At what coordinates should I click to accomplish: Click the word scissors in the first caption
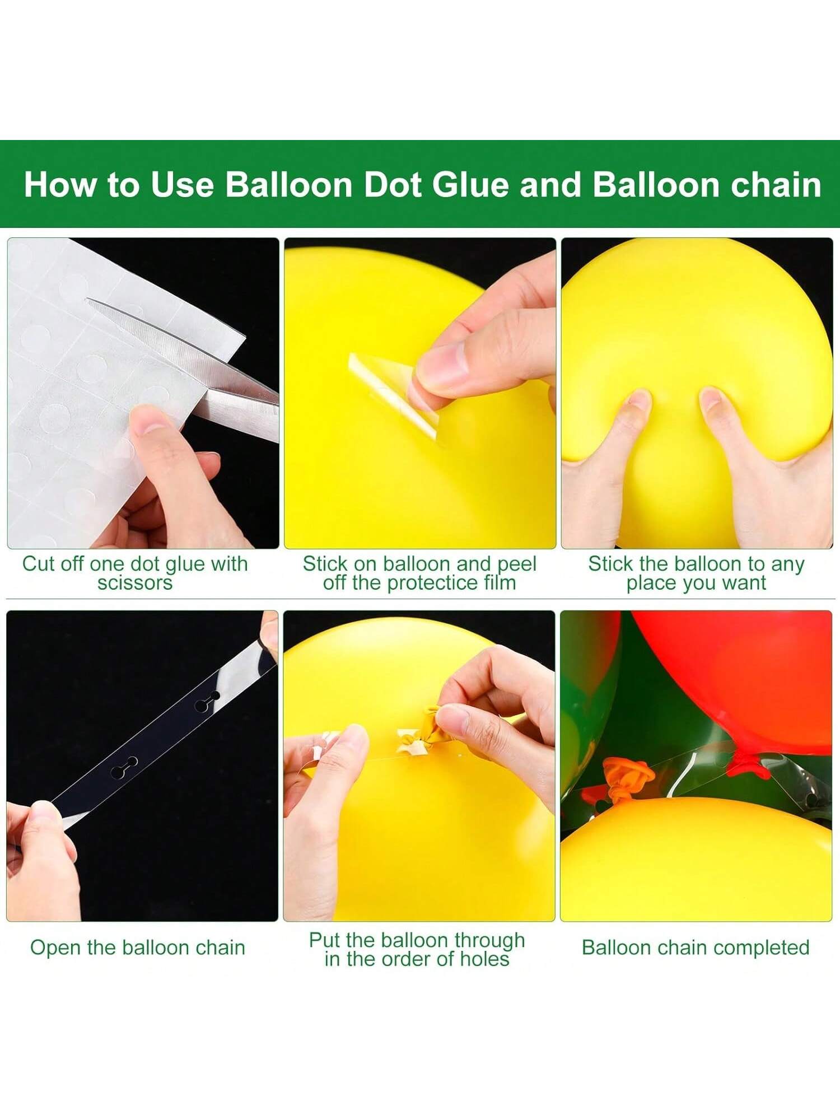pyautogui.click(x=135, y=583)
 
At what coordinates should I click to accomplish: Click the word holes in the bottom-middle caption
pyautogui.click(x=484, y=959)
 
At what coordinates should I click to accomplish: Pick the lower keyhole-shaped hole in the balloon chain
pyautogui.click(x=124, y=767)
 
